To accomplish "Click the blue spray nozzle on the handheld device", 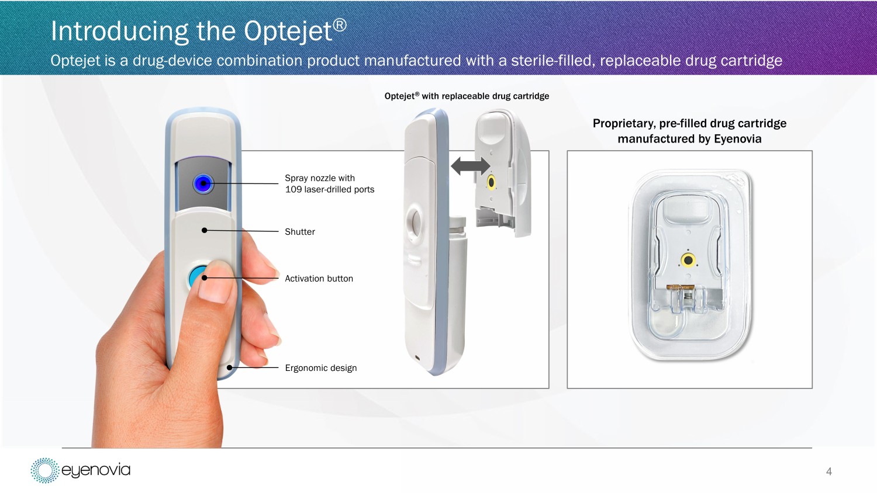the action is (203, 183).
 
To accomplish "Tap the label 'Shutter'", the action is (300, 232).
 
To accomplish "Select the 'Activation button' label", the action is (319, 279).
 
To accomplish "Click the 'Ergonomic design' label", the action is (320, 368).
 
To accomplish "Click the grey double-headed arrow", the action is (470, 166).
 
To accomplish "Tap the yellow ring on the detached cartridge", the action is (491, 182).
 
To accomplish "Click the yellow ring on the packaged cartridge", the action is (688, 260).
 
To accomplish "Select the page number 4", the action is (829, 471).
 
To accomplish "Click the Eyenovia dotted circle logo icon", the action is (44, 470).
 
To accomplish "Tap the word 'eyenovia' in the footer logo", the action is (96, 470).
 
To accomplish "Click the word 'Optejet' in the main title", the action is (289, 31).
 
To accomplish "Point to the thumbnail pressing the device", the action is (215, 282).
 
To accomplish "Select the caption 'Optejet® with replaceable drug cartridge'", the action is (467, 96).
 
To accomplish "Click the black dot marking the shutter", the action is (205, 231).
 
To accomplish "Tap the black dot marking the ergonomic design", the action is (230, 367).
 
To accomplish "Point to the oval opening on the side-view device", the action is (414, 222).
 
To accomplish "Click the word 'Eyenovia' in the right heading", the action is (737, 139).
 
